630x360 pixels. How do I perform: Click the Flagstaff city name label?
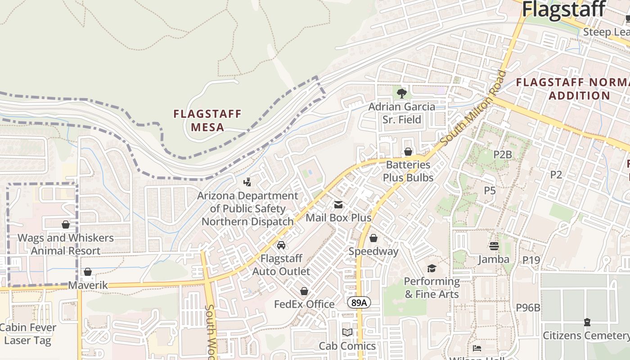pyautogui.click(x=563, y=9)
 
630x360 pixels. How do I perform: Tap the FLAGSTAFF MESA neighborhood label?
pyautogui.click(x=207, y=120)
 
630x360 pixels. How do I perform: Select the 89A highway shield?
pyautogui.click(x=359, y=303)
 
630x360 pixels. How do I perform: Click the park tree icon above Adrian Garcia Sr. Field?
pyautogui.click(x=401, y=94)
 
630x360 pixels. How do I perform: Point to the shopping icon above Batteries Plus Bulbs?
pyautogui.click(x=408, y=152)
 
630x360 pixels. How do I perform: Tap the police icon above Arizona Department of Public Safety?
pyautogui.click(x=247, y=182)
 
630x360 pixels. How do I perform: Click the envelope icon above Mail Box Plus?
pyautogui.click(x=338, y=205)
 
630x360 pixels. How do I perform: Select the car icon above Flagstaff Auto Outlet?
pyautogui.click(x=281, y=245)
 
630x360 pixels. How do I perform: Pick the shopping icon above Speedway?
pyautogui.click(x=373, y=238)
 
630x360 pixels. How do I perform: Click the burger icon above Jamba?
pyautogui.click(x=494, y=246)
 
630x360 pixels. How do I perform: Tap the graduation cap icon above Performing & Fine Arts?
pyautogui.click(x=432, y=268)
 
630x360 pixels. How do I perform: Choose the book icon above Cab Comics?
pyautogui.click(x=347, y=333)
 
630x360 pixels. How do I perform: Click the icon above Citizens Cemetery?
pyautogui.click(x=587, y=322)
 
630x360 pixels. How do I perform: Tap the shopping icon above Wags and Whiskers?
pyautogui.click(x=66, y=224)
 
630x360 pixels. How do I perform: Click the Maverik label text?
pyautogui.click(x=88, y=285)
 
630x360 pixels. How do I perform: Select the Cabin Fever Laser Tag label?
pyautogui.click(x=28, y=334)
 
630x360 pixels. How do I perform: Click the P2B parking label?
pyautogui.click(x=503, y=155)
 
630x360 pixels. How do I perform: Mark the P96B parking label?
pyautogui.click(x=528, y=308)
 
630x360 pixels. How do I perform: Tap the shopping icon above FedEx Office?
pyautogui.click(x=304, y=291)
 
